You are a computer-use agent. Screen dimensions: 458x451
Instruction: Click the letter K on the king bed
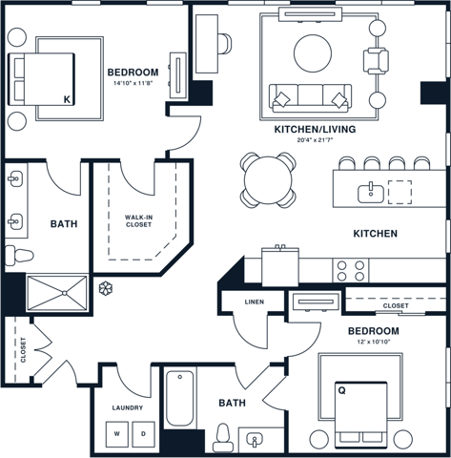pos(66,99)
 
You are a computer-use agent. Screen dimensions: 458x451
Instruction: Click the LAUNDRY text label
pos(127,407)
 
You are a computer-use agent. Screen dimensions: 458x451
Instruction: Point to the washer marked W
pos(117,434)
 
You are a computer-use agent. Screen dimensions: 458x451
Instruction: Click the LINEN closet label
pos(254,302)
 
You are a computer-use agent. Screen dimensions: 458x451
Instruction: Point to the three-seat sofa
pos(310,96)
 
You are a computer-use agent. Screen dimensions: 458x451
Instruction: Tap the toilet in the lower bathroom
pos(223,436)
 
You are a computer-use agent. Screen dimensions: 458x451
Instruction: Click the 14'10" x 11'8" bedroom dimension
pos(133,83)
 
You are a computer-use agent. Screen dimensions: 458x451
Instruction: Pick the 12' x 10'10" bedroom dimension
pos(374,342)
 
